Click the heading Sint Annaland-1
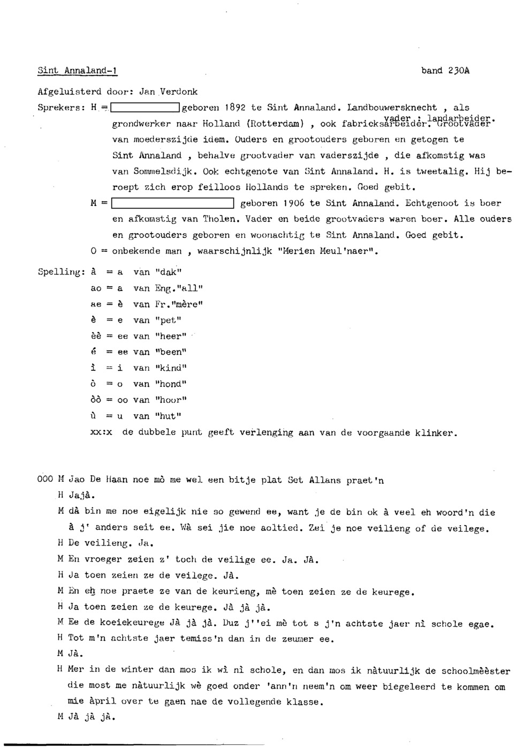click(x=78, y=71)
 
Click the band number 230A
click(x=445, y=71)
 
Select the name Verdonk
click(x=179, y=92)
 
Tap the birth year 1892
click(x=235, y=108)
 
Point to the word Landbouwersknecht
click(x=392, y=108)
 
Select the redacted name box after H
click(x=144, y=108)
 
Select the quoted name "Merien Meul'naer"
click(x=329, y=251)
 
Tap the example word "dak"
click(x=168, y=272)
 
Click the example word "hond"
click(x=171, y=384)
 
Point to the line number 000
click(x=45, y=480)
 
